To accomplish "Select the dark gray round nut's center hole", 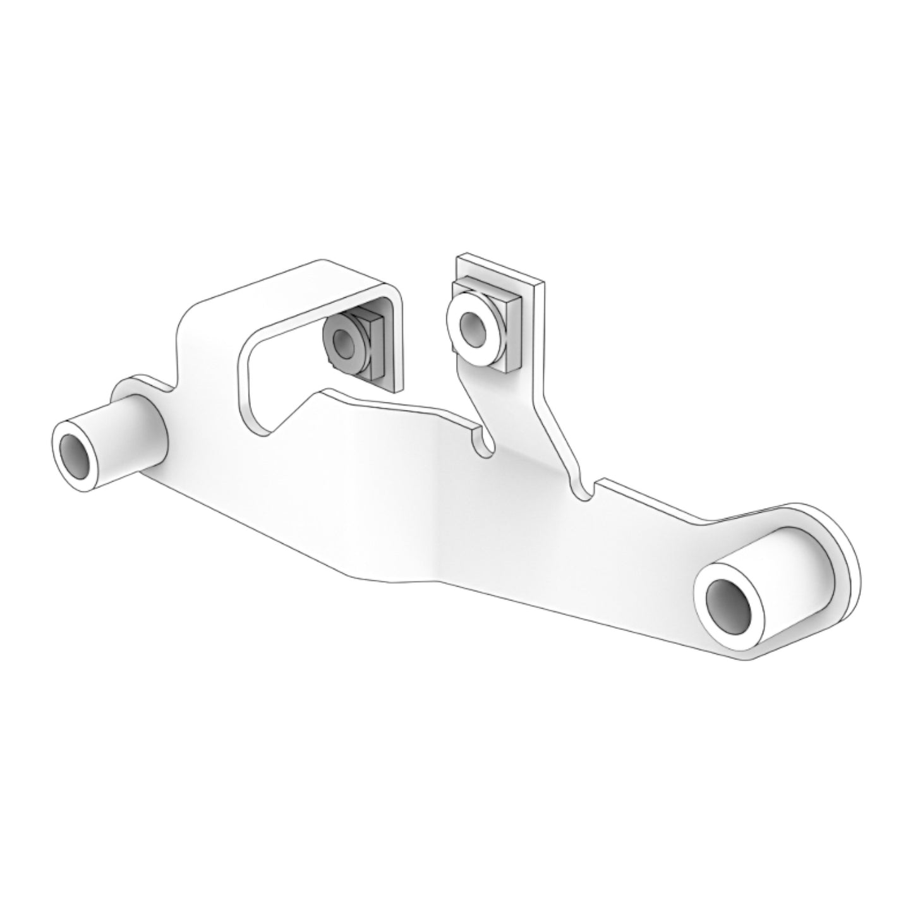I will coord(342,342).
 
